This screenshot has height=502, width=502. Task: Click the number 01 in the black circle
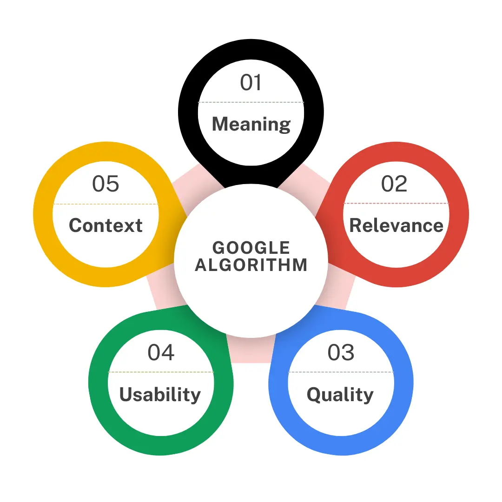(x=251, y=83)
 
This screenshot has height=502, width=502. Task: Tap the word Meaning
(x=251, y=124)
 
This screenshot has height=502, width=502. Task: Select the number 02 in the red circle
(x=394, y=184)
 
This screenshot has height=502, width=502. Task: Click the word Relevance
(x=396, y=225)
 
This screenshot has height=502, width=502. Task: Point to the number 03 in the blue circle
(x=341, y=352)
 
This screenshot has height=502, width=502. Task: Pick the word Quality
(x=340, y=395)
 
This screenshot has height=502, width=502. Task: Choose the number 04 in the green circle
(x=161, y=352)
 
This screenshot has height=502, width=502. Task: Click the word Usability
(x=160, y=395)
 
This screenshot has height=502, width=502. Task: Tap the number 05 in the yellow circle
(x=106, y=184)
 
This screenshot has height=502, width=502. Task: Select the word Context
(x=106, y=225)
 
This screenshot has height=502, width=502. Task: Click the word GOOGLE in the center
(x=251, y=248)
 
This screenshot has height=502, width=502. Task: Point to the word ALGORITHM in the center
(x=251, y=265)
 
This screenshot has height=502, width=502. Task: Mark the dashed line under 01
(x=251, y=102)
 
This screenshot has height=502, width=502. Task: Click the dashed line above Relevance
(x=396, y=203)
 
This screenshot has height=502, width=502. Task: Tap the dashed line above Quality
(x=341, y=372)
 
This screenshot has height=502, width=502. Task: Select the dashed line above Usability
(x=161, y=372)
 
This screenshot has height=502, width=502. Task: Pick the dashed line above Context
(x=106, y=204)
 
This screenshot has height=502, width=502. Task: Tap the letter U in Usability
(x=126, y=394)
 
